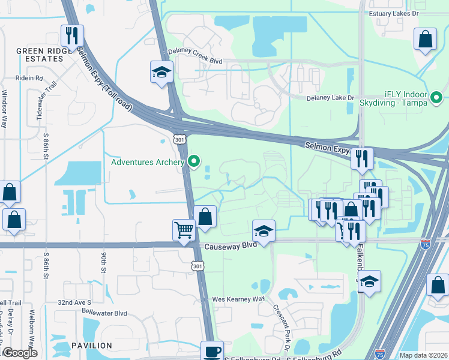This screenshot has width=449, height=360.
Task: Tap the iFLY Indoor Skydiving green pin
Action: click(436, 97)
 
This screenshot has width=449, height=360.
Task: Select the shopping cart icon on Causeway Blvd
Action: click(184, 229)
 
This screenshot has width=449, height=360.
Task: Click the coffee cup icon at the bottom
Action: click(211, 352)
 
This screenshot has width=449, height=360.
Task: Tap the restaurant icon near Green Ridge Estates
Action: click(71, 35)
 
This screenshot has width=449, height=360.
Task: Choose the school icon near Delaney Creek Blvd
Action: click(161, 73)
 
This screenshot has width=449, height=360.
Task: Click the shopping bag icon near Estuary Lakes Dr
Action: click(425, 40)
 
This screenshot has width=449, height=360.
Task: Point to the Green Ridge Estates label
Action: click(40, 55)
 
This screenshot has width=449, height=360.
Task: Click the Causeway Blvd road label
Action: click(231, 246)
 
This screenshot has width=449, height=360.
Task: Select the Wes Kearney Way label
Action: click(239, 299)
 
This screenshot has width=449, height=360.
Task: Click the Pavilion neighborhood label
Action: click(91, 346)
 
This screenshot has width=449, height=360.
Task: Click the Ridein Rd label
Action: click(29, 78)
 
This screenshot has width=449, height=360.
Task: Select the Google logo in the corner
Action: click(20, 353)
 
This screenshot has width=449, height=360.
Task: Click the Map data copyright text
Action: click(423, 355)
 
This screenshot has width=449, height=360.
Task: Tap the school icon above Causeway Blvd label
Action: click(263, 230)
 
